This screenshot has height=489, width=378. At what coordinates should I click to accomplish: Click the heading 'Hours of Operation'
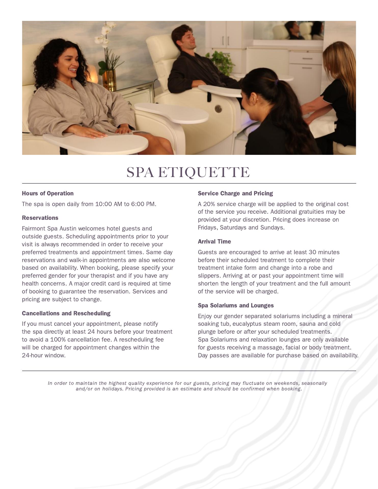click(x=48, y=193)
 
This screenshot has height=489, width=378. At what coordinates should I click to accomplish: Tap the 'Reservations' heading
click(x=40, y=218)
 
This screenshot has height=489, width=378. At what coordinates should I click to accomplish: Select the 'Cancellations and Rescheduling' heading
click(x=66, y=313)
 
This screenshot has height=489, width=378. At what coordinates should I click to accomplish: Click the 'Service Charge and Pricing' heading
click(x=235, y=193)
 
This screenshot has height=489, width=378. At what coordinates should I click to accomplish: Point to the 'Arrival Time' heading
click(x=214, y=241)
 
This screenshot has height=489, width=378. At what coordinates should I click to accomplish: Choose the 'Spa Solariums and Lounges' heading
click(x=236, y=305)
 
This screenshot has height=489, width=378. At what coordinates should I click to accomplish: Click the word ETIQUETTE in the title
click(x=204, y=172)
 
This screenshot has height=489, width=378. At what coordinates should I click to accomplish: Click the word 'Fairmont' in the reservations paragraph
click(x=34, y=228)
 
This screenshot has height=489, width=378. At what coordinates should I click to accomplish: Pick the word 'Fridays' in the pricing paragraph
click(x=207, y=227)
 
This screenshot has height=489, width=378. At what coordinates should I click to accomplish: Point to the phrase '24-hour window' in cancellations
click(x=44, y=355)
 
